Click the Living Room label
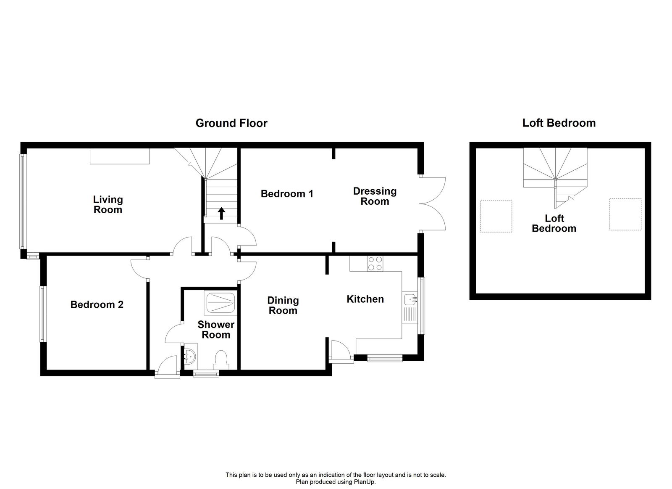(x=108, y=205)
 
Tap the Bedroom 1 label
(x=287, y=194)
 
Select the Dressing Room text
(x=375, y=196)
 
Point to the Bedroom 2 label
(x=97, y=304)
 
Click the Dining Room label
(x=283, y=306)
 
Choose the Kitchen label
(x=365, y=299)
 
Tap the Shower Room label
(x=216, y=330)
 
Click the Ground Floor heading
(x=231, y=123)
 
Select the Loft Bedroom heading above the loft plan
(x=559, y=123)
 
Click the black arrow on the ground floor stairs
(x=221, y=214)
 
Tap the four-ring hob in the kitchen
(x=375, y=264)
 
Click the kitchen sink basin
(x=409, y=300)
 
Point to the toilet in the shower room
(x=220, y=360)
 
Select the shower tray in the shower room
(x=221, y=301)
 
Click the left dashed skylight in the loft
(x=496, y=216)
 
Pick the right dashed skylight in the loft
(x=625, y=214)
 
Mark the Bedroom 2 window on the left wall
(x=42, y=314)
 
